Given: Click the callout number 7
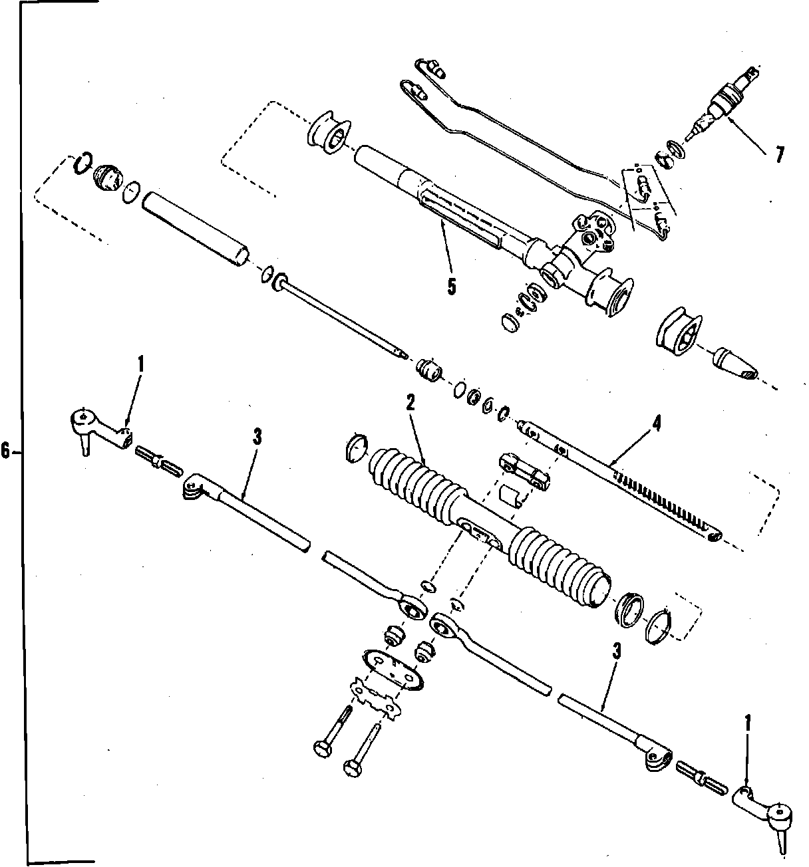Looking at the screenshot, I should (x=777, y=154).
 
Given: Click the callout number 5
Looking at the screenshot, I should (x=452, y=287).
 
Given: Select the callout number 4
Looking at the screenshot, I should (x=656, y=424).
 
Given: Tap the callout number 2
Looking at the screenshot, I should (x=410, y=404).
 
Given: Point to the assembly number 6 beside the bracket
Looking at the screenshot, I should (x=6, y=452).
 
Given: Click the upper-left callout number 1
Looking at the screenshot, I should (x=140, y=364).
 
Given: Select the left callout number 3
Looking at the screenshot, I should (x=257, y=436).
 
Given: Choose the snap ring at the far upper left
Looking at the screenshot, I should (x=81, y=162).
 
